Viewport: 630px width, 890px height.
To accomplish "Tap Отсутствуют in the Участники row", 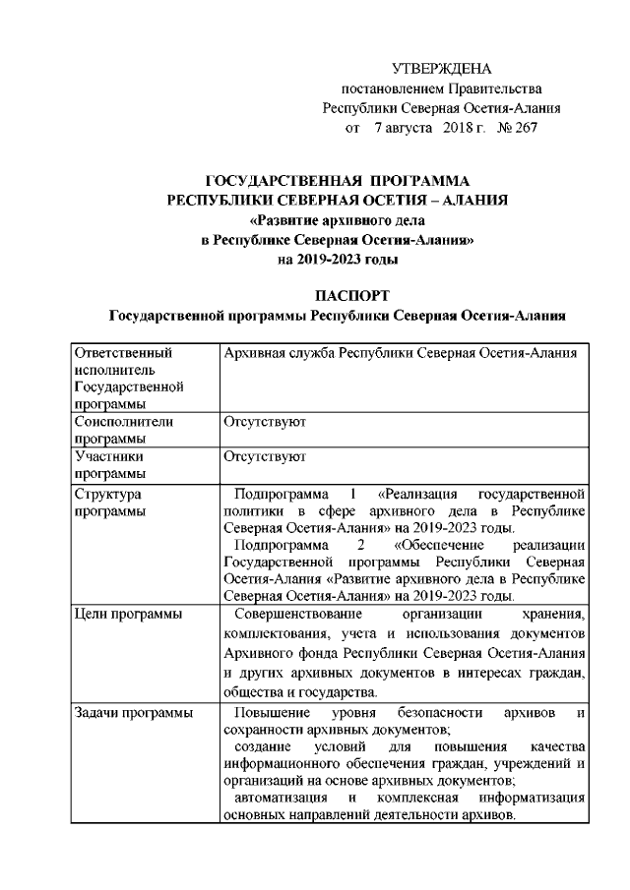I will (265, 456).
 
